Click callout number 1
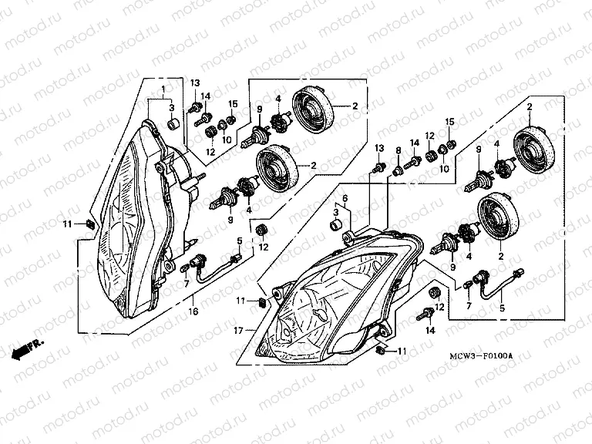coord(162,89)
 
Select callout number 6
coord(345,198)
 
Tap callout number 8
coord(399,150)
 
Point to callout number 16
coord(194,311)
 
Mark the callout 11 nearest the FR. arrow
coord(67,224)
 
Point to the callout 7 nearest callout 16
coord(186,284)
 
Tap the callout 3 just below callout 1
coord(172,106)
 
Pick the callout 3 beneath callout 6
coord(337,211)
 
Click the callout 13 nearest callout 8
coord(378,147)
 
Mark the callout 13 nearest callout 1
coord(195,82)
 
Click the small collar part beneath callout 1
coord(175,123)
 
